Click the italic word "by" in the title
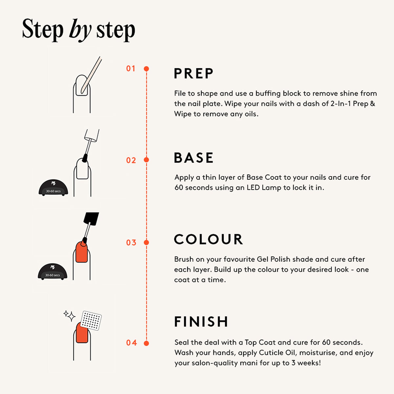click(x=80, y=30)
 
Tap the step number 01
click(x=131, y=69)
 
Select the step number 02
click(x=131, y=161)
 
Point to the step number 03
click(x=131, y=243)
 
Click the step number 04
click(x=131, y=343)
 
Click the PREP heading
click(x=193, y=74)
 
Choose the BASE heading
click(x=193, y=158)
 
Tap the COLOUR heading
click(x=208, y=239)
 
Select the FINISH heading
click(x=201, y=322)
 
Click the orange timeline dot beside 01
click(x=146, y=69)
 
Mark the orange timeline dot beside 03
click(x=146, y=243)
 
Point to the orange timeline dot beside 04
click(x=146, y=343)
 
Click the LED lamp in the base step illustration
click(x=54, y=188)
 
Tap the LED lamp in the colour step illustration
click(x=53, y=272)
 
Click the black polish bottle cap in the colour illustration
click(x=91, y=219)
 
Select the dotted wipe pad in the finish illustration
click(x=91, y=320)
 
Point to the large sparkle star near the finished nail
click(x=71, y=317)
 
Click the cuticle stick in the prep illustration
click(x=91, y=75)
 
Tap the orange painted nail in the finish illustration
click(x=82, y=333)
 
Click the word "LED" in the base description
click(x=253, y=188)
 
